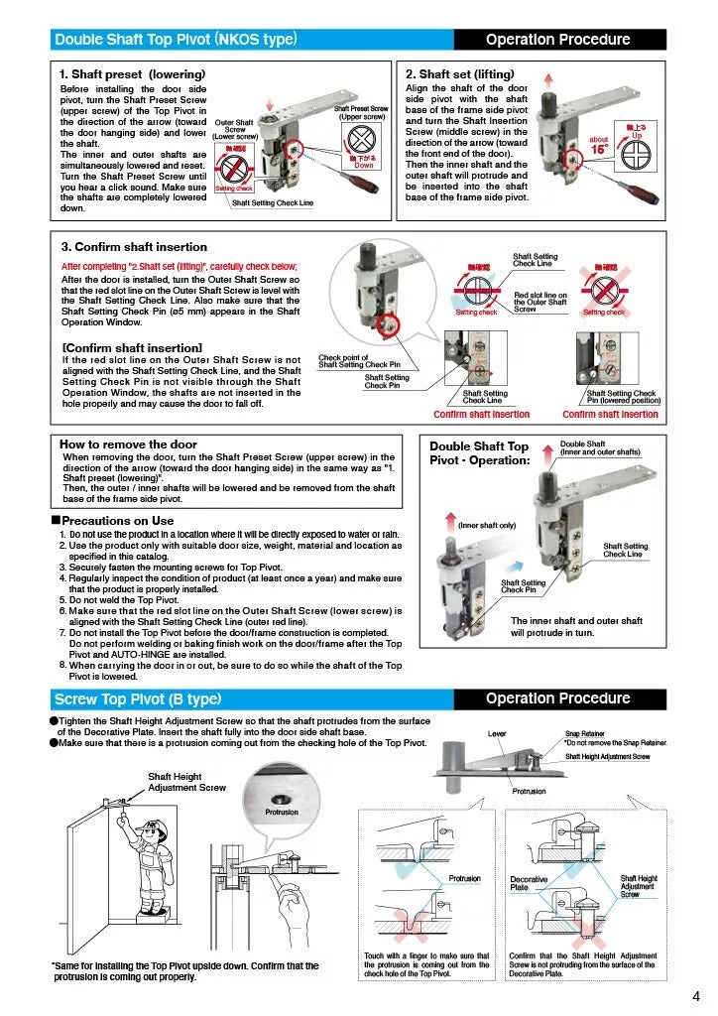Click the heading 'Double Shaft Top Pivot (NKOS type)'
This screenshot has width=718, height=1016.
(x=175, y=40)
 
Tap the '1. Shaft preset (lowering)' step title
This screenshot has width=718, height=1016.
(x=132, y=74)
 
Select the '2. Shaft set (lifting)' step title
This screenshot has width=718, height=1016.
(x=460, y=74)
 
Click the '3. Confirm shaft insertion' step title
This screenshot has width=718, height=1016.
(x=134, y=246)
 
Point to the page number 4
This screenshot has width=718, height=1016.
(x=696, y=996)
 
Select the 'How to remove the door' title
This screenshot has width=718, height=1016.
(x=128, y=444)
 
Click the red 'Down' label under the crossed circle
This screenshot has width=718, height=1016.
(x=364, y=166)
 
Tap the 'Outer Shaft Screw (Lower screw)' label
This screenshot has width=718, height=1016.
(x=235, y=129)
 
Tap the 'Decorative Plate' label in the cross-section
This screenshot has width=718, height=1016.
(x=529, y=883)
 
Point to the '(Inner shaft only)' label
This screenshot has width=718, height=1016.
(x=486, y=525)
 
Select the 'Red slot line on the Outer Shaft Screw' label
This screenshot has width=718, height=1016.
(x=539, y=302)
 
